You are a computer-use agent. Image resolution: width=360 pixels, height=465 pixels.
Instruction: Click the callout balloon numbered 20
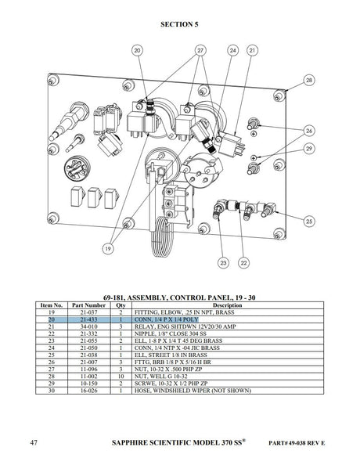pos(137,50)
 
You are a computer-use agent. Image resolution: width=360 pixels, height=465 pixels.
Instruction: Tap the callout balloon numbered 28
pos(309,80)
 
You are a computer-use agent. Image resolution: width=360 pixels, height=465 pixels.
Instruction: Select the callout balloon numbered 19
pos(108,248)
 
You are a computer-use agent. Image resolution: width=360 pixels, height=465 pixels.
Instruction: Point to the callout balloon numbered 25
pos(309,221)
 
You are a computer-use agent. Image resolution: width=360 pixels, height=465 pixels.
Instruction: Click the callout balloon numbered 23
pos(223,262)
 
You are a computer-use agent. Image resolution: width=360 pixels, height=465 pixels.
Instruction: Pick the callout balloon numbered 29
pos(309,148)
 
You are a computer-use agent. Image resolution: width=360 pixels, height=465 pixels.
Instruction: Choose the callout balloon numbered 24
pos(232,50)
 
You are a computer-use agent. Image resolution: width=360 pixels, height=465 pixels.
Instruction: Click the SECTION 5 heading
pos(179,24)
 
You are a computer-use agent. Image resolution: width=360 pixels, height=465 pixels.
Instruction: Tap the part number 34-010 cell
pos(88,326)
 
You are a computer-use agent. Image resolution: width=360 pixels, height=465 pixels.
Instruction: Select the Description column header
pos(228,305)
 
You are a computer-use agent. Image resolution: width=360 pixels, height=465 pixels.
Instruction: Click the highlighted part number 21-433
pos(88,319)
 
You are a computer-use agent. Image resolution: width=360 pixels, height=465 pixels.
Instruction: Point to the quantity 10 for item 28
pos(121,377)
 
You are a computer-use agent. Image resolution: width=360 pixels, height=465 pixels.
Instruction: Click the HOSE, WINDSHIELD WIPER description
pos(193,391)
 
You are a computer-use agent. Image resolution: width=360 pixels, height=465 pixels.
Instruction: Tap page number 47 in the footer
pos(34,442)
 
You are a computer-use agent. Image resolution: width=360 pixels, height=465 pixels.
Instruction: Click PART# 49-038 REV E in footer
pos(297,443)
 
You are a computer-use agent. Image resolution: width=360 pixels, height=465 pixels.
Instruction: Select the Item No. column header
pos(52,305)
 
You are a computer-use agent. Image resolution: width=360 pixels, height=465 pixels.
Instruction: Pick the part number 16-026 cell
pos(88,391)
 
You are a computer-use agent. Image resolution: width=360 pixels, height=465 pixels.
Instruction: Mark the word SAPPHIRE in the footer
pos(130,443)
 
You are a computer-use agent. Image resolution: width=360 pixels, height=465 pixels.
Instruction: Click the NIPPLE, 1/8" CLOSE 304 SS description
pos(170,333)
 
